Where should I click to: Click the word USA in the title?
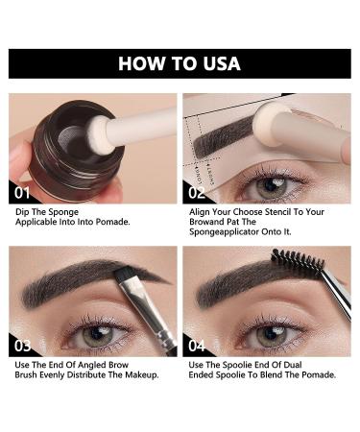[x=219, y=64]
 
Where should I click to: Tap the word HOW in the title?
[x=140, y=64]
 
